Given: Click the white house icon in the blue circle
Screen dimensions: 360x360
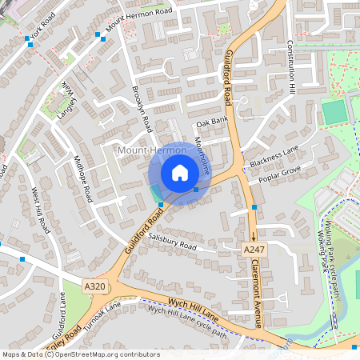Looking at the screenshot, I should point(180,173).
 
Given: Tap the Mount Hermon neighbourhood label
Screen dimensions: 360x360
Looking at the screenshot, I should point(145,150).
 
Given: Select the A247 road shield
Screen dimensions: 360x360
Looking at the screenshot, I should point(253,250).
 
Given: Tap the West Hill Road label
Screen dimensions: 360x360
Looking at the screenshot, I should point(42,210).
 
